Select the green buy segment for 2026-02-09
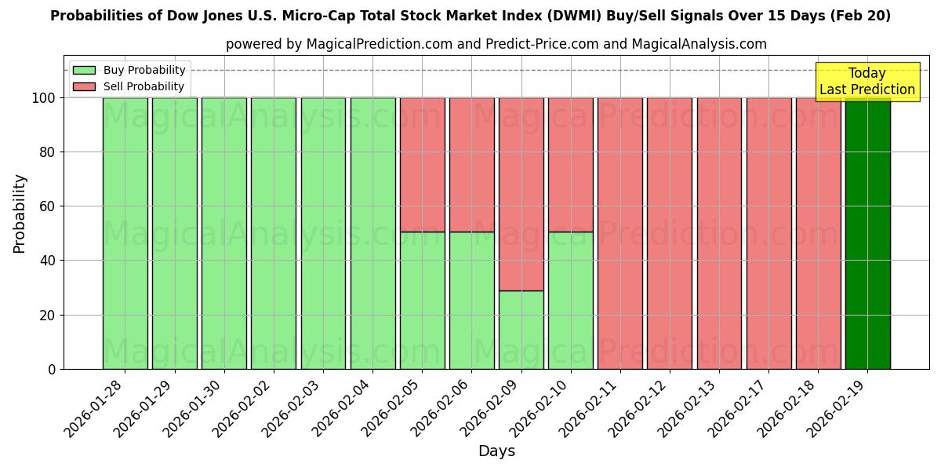(521, 330)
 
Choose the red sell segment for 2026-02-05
(422, 165)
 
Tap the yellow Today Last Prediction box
(867, 82)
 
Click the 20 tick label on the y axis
(49, 315)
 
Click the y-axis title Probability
(20, 213)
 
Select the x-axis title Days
(496, 451)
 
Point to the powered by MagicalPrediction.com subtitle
(496, 44)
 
